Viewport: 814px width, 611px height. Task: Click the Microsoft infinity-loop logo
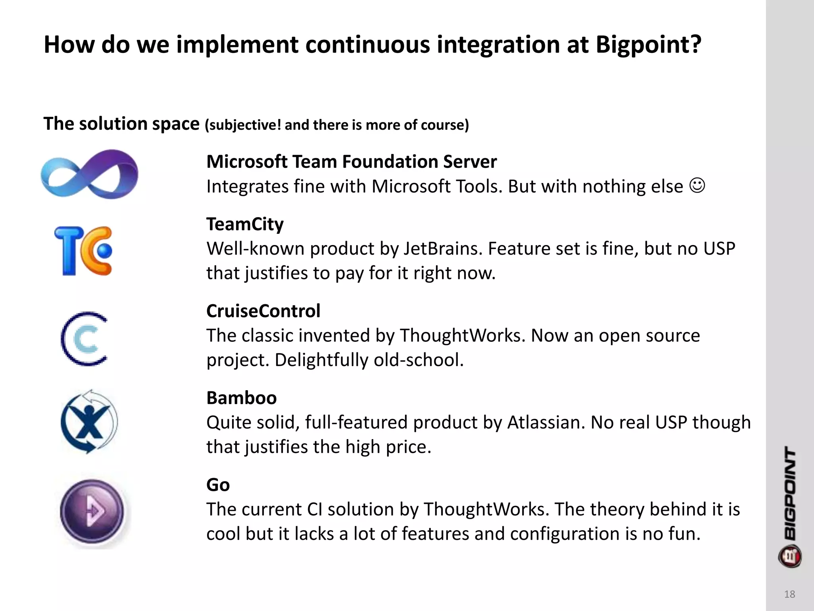pos(89,174)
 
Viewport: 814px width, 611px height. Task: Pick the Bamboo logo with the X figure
pos(89,422)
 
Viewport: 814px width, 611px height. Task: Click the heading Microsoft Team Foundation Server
pos(351,162)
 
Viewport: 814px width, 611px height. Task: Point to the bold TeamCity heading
pos(245,224)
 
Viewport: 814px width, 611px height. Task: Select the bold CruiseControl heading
pos(263,311)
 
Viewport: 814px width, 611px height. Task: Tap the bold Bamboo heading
pos(241,398)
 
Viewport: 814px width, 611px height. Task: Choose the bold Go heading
pos(218,485)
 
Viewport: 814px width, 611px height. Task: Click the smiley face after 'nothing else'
pos(697,185)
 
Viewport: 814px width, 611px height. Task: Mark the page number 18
pos(789,594)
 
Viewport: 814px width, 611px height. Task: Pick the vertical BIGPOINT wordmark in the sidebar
pos(790,493)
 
